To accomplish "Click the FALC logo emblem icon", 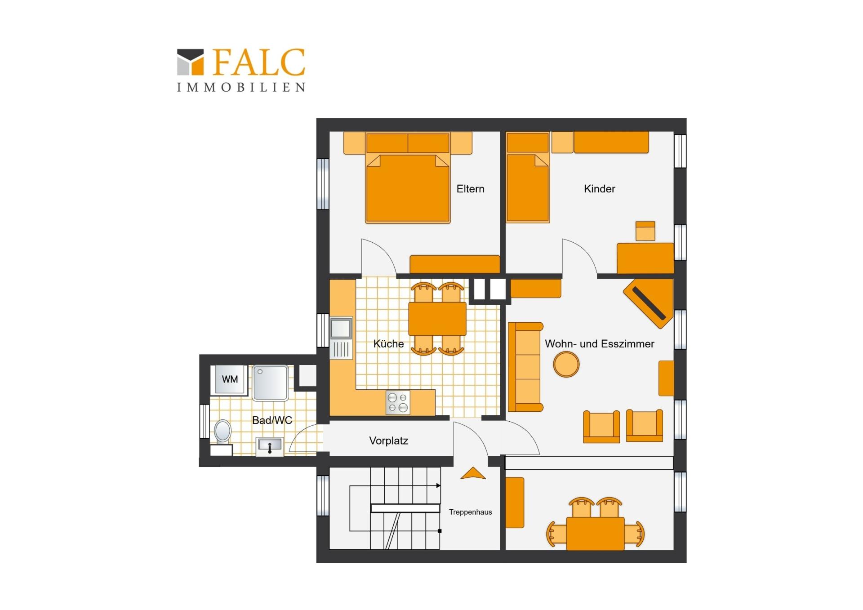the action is coord(190,62).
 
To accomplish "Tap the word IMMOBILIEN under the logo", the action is coord(241,87).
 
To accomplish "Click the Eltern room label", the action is coord(470,189).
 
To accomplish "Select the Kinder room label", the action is coord(599,189).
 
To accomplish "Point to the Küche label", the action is coord(388,344).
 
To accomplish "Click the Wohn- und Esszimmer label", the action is coord(599,344).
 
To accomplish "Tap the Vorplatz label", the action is coord(388,441).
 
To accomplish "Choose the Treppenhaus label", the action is coord(470,512).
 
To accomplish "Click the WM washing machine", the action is coord(230,379).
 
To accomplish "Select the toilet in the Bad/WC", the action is coord(222,431).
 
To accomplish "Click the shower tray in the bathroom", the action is coord(270,383).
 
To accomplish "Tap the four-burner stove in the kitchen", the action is coord(398,402).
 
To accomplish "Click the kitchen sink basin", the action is coord(341,328).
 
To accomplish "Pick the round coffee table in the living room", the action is coord(566,364).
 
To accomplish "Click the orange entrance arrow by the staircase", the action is coord(473,473).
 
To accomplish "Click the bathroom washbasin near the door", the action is coord(270,446).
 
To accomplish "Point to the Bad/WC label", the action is coord(272,420).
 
